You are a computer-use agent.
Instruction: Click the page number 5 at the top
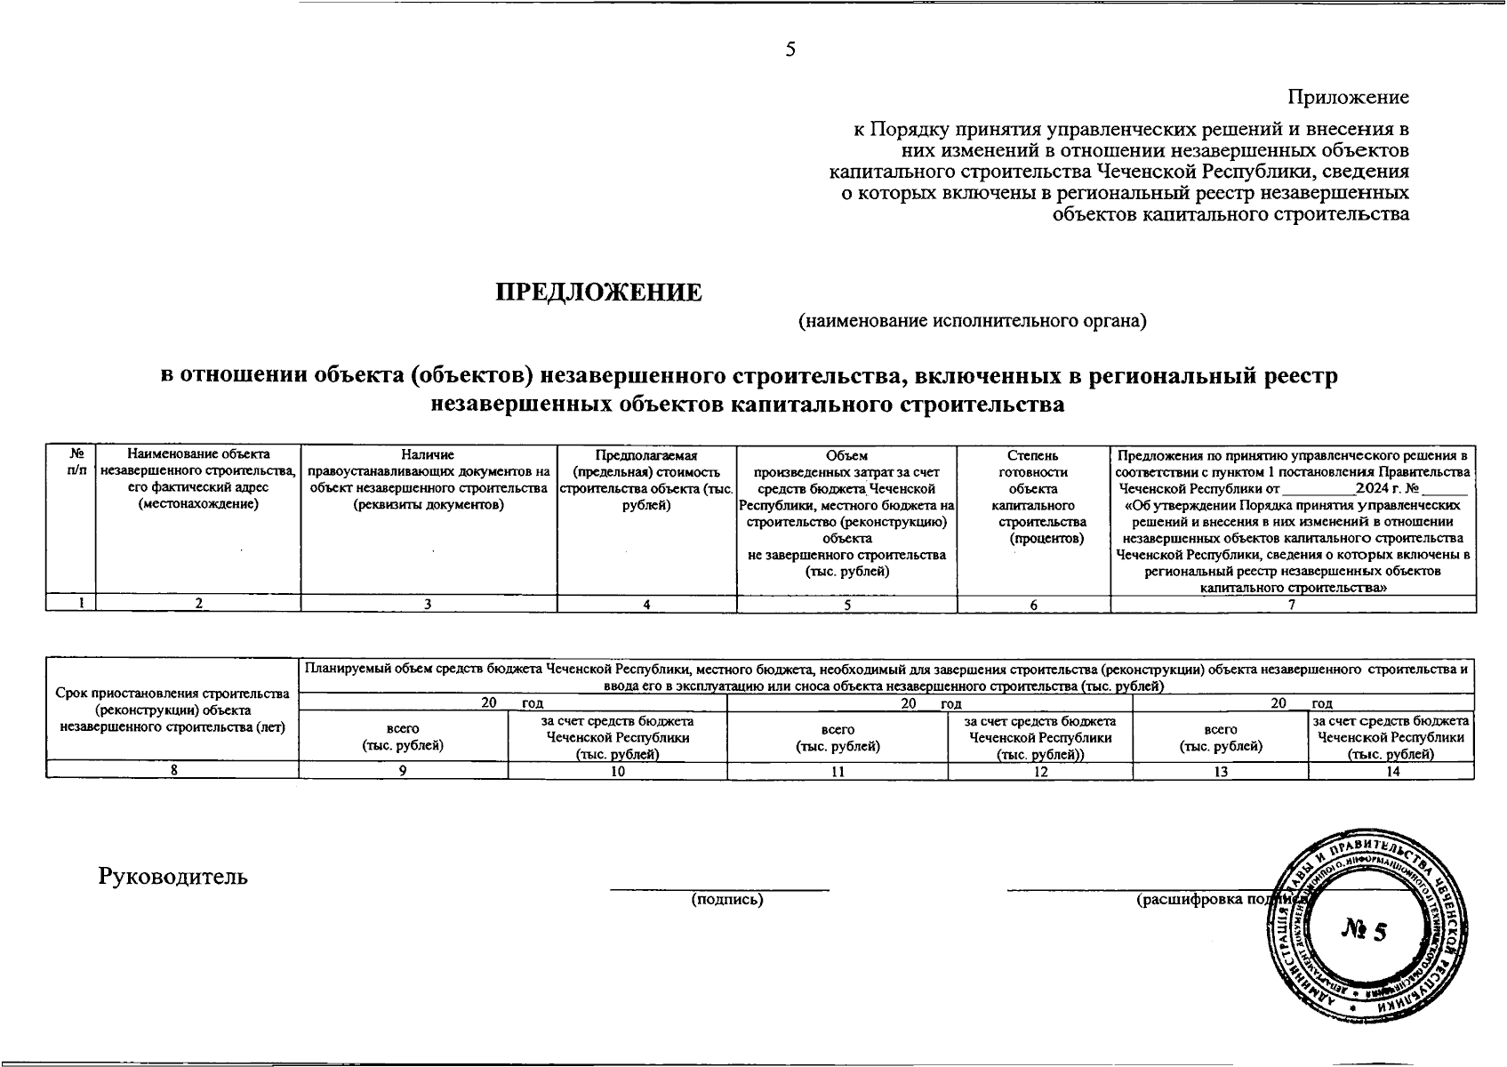pos(790,50)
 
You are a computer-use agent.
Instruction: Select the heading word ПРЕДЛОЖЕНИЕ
pos(598,293)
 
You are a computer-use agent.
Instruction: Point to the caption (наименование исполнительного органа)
pos(972,321)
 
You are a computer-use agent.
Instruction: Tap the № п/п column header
pos(70,462)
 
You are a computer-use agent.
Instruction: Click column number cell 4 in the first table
pos(646,605)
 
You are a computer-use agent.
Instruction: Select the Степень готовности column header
pos(1033,496)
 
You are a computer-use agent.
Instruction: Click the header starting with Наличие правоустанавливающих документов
pos(428,480)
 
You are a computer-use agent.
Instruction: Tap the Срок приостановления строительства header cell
pos(172,710)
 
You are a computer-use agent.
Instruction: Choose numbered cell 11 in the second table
pos(837,771)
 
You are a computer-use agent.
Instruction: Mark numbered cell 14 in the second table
pos(1392,771)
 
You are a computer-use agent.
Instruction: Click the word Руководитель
pos(173,877)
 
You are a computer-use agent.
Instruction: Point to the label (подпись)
pos(727,900)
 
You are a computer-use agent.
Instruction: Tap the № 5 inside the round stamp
pos(1363,931)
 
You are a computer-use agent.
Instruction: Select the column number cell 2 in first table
pos(198,605)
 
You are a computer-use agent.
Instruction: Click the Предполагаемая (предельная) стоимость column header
pos(646,480)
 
